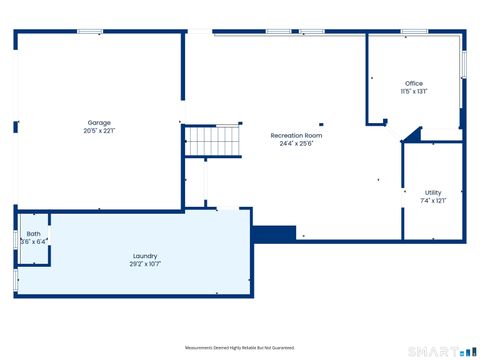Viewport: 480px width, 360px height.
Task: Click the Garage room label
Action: pos(98,123)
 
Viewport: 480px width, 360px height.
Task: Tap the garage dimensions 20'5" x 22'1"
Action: pos(98,131)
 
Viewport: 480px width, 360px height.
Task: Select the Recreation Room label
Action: pos(296,135)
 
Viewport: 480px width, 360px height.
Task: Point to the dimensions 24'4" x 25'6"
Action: pos(296,143)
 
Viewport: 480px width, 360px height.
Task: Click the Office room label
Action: pos(413,83)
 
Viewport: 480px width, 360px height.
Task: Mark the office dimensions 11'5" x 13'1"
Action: pos(413,91)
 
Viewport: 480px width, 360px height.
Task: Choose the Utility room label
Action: pos(433,192)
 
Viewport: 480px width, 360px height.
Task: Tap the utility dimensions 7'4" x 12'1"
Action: pos(433,200)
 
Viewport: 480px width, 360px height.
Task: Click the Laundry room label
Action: pos(145,256)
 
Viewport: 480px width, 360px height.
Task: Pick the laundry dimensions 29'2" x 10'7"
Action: pos(145,264)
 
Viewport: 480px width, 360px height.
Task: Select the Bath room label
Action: pos(34,234)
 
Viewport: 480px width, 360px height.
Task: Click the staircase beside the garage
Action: pos(214,141)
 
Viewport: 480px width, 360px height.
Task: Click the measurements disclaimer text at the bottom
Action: pos(240,348)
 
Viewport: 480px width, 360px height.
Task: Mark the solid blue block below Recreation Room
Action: pos(274,233)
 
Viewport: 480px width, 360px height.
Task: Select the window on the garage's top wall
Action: pos(90,32)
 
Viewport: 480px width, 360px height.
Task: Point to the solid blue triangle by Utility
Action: pos(411,136)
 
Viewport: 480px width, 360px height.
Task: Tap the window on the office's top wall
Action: pos(414,32)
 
